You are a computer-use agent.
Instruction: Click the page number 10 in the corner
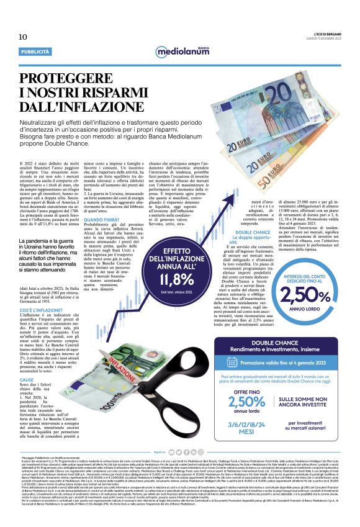14,38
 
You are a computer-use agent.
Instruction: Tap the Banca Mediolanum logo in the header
179,50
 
